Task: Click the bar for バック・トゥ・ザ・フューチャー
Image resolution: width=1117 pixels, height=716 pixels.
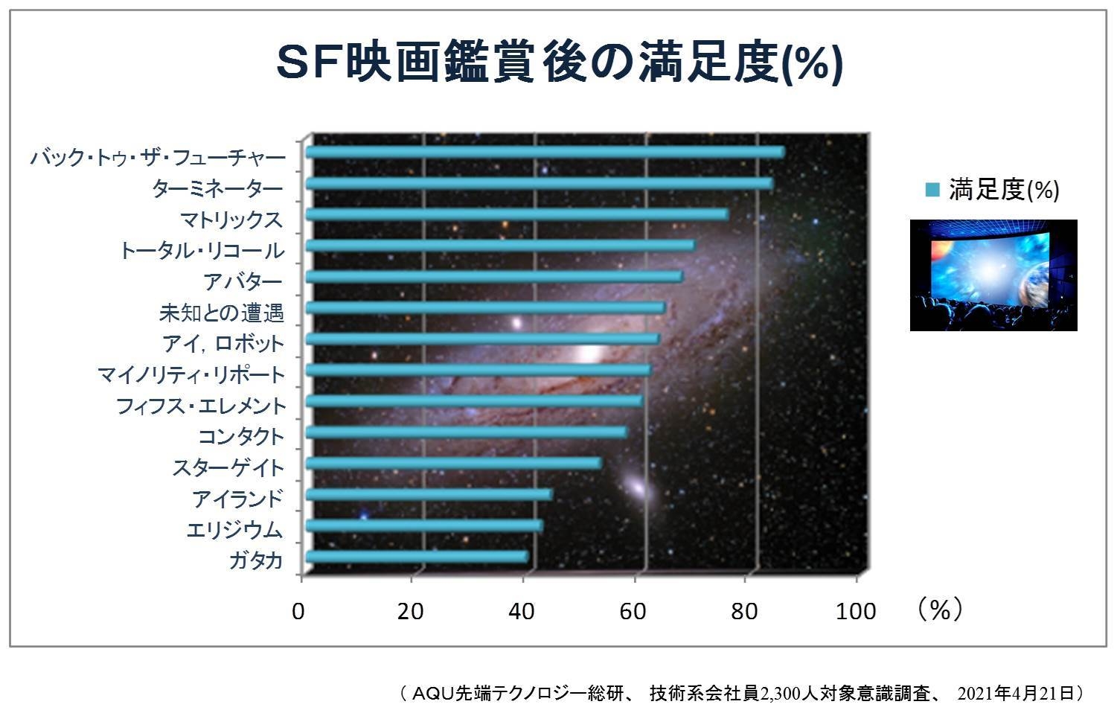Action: click(x=545, y=153)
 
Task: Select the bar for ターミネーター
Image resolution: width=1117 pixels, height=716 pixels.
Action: click(x=539, y=184)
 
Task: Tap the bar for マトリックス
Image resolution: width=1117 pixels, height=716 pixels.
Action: click(x=516, y=215)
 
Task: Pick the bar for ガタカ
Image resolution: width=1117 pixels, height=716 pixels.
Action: click(x=417, y=557)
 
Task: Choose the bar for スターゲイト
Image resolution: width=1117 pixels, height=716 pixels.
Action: click(x=453, y=464)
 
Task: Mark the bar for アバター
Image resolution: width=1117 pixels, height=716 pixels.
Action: click(x=493, y=277)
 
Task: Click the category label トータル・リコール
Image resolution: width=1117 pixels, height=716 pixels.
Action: click(x=202, y=251)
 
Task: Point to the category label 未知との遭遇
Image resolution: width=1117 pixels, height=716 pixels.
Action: click(x=221, y=313)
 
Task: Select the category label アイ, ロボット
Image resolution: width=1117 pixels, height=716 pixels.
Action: click(x=223, y=344)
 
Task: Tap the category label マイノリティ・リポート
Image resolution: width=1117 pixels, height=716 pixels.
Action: click(x=191, y=374)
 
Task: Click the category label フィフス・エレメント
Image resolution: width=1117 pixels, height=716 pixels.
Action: click(x=201, y=406)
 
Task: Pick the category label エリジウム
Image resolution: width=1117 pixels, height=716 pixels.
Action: click(x=234, y=530)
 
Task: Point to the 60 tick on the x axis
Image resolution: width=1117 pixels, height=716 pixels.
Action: click(x=633, y=612)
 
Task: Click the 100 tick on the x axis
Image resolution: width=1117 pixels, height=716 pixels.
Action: click(x=856, y=612)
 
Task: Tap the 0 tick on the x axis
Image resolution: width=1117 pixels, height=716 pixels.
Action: click(x=298, y=612)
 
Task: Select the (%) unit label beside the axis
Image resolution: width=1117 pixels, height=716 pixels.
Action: click(x=940, y=610)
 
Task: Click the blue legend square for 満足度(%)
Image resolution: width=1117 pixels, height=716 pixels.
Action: click(x=932, y=191)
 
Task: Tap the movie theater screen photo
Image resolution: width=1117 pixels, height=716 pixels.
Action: click(x=993, y=275)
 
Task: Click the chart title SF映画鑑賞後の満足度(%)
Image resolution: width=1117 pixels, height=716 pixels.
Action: click(x=560, y=64)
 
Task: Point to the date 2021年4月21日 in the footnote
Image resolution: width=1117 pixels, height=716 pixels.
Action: click(x=1016, y=694)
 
